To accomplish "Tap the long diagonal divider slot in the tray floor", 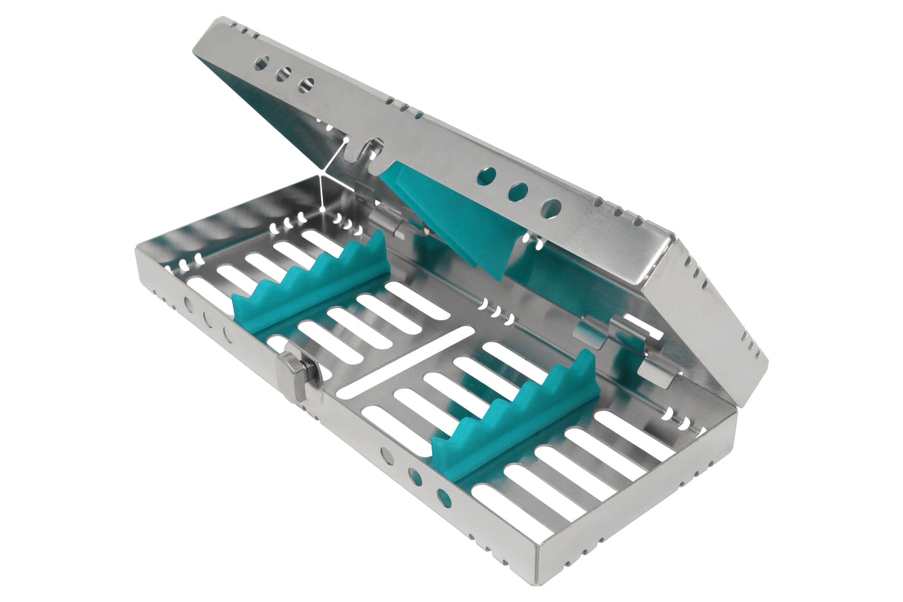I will tap(406, 360).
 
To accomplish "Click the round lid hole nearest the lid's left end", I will tap(261, 64).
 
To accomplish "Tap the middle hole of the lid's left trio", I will tap(283, 74).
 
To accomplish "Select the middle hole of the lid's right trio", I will tap(518, 191).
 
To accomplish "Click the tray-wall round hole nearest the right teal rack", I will tap(444, 498).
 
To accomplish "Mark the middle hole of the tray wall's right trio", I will tap(415, 477).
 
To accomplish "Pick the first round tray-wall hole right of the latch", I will tap(387, 455).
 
